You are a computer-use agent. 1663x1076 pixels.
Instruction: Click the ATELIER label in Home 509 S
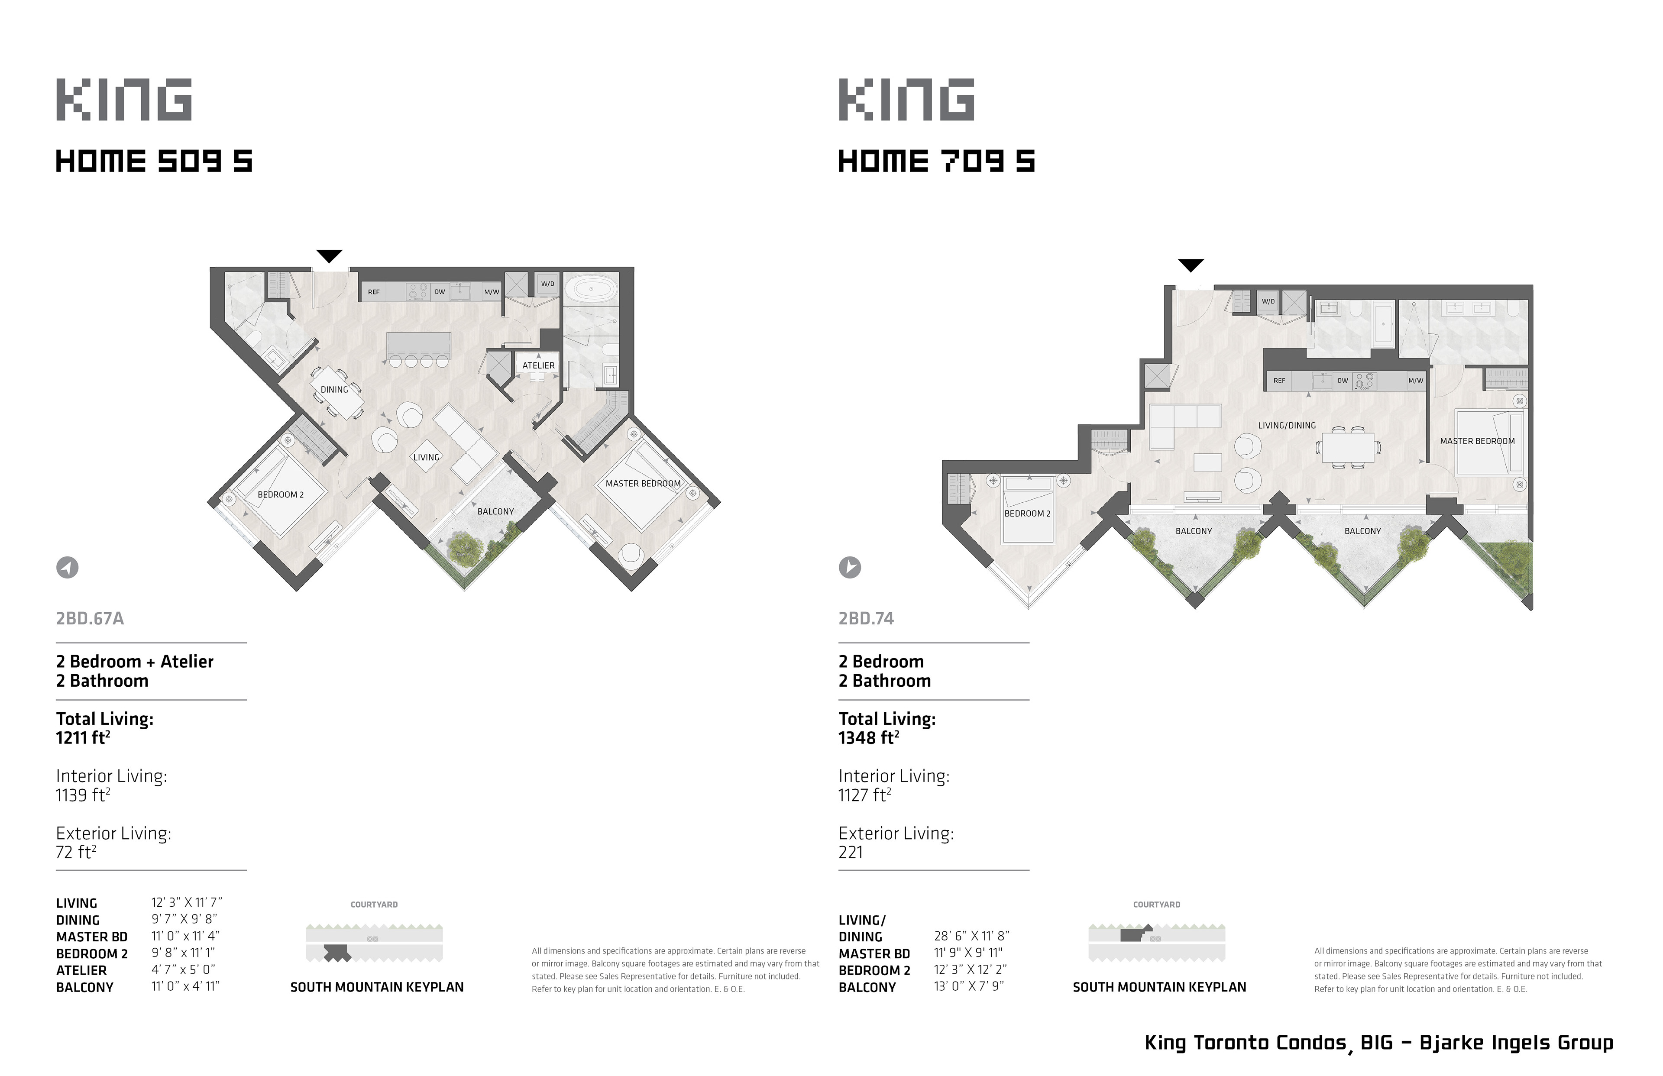tap(538, 365)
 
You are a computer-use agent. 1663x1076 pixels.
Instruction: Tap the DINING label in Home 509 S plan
tap(334, 390)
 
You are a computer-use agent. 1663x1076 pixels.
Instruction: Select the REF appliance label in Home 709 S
tap(1279, 381)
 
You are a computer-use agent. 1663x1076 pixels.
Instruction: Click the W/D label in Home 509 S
tap(547, 284)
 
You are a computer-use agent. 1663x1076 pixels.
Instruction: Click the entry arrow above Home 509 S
tap(329, 256)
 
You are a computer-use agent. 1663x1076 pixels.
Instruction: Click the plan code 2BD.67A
tap(90, 618)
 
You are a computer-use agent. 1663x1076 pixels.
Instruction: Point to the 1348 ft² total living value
tap(869, 738)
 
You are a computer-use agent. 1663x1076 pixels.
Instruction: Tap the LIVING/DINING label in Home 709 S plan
tap(1286, 426)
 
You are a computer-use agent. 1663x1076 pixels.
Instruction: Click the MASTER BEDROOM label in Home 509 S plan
tap(643, 484)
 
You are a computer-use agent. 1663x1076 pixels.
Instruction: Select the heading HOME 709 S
tap(936, 162)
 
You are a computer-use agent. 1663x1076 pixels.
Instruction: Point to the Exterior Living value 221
tap(851, 853)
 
